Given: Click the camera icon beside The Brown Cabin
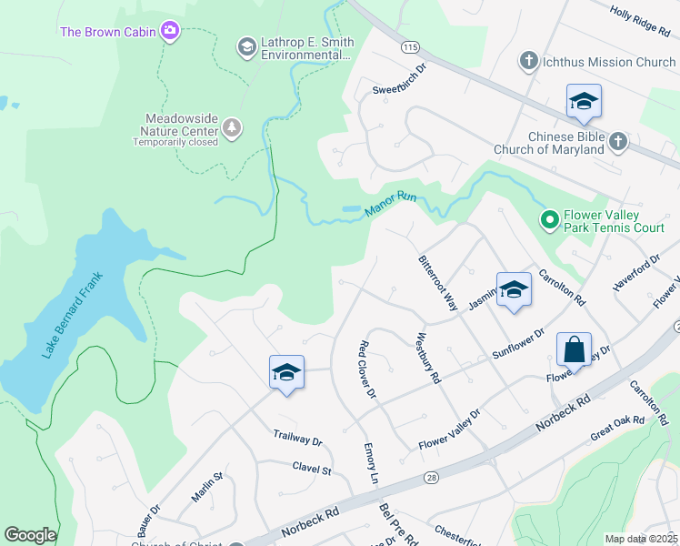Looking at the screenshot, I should (169, 33).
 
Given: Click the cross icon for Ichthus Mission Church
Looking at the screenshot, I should (528, 62).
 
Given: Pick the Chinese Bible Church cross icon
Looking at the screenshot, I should (617, 141).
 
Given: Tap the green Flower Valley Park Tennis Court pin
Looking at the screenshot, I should (549, 219).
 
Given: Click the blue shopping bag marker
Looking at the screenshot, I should (574, 349).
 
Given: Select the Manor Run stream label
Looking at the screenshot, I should (390, 203).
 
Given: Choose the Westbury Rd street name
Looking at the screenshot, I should (428, 358).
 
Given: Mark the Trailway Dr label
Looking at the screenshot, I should (297, 438).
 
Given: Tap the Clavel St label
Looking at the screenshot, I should (312, 470).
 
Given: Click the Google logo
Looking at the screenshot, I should (30, 535).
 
